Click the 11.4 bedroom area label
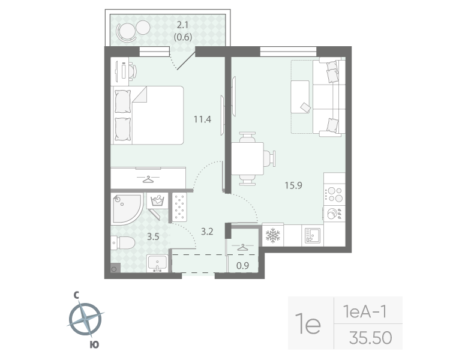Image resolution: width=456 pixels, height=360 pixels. (202, 119)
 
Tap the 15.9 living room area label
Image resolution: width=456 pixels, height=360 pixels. (293, 185)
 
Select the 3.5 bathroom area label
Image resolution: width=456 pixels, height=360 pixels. (153, 237)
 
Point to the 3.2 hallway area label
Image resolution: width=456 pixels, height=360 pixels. (207, 232)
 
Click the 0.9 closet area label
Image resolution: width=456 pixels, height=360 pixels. (242, 265)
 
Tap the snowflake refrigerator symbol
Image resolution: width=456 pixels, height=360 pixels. (273, 235)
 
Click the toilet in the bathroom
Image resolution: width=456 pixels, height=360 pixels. (123, 242)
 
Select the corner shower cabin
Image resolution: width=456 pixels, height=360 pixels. (127, 208)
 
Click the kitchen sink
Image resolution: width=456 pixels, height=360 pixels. (313, 235)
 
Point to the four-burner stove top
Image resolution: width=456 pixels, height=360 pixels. (335, 194)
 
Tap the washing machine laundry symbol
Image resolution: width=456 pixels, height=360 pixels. (158, 200)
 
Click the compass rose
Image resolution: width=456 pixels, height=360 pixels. (85, 319)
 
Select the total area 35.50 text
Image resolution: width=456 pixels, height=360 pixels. (371, 338)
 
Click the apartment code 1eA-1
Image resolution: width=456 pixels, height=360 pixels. (365, 312)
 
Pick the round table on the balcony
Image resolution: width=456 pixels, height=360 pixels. (143, 28)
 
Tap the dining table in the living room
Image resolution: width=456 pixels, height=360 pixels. (247, 158)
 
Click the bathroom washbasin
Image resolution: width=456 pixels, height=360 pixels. (157, 264)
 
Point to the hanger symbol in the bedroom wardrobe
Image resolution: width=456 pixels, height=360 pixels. (148, 179)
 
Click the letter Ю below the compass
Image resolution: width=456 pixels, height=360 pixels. (94, 345)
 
